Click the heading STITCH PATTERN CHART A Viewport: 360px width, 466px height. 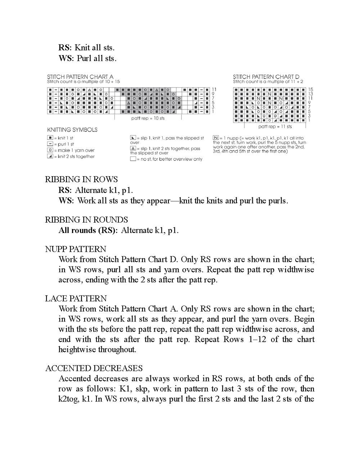pyautogui.click(x=80, y=77)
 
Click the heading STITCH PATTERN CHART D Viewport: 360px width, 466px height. pyautogui.click(x=266, y=77)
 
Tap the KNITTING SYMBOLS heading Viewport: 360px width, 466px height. pyautogui.click(x=72, y=130)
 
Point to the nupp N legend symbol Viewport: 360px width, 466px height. pyautogui.click(x=215, y=138)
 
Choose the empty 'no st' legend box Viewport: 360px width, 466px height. pyautogui.click(x=133, y=159)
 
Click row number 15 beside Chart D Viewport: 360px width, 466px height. pyautogui.click(x=311, y=89)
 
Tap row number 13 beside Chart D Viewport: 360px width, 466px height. pyautogui.click(x=311, y=94)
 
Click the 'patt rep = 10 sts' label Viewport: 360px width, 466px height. pyautogui.click(x=148, y=118)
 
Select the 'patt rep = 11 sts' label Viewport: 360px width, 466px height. pyautogui.click(x=275, y=127)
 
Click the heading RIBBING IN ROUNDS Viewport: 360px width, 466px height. pyautogui.click(x=86, y=220)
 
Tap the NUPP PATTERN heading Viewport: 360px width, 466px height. pyautogui.click(x=76, y=249)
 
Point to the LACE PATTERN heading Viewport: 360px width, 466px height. pyautogui.click(x=76, y=299)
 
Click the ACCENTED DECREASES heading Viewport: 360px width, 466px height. pyautogui.click(x=94, y=368)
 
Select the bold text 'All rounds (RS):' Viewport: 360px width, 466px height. pyautogui.click(x=88, y=230)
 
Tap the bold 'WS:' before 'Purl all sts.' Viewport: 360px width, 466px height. pyautogui.click(x=66, y=58)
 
